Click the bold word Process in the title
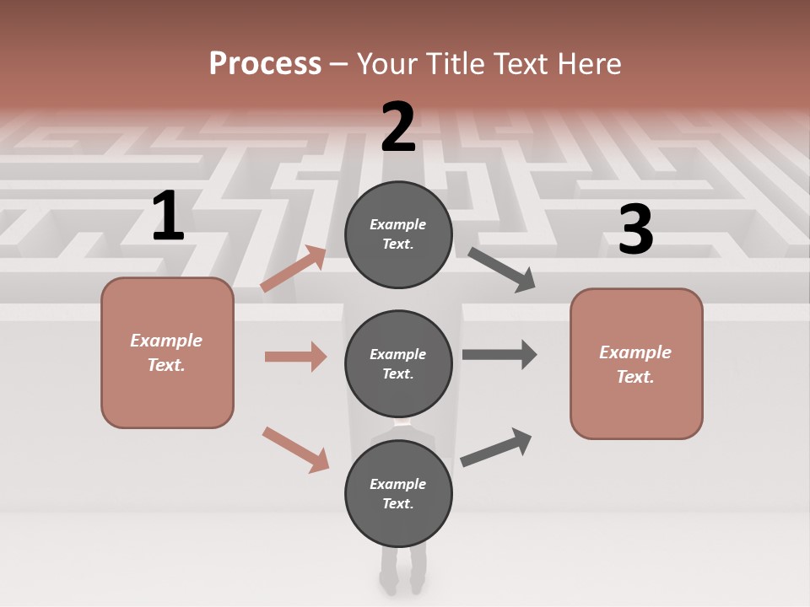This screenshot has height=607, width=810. pos(265,64)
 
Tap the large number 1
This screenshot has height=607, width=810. pos(168,216)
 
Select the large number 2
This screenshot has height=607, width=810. pos(398,127)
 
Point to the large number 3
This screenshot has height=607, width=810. pos(635,230)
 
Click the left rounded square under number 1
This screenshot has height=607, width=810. pos(167,352)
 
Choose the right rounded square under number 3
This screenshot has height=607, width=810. pos(636,363)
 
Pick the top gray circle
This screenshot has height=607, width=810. pos(398,234)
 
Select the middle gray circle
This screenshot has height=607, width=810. pos(398,363)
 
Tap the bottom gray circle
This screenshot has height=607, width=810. pos(398,493)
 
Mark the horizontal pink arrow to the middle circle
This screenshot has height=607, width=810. pos(295,357)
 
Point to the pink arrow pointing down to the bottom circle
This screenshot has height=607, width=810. pos(295,449)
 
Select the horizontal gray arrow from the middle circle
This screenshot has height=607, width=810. pos(499,355)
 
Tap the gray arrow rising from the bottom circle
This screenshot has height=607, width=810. pos(497,447)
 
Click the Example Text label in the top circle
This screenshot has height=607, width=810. pos(398,234)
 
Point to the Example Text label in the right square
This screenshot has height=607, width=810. pos(635,364)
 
